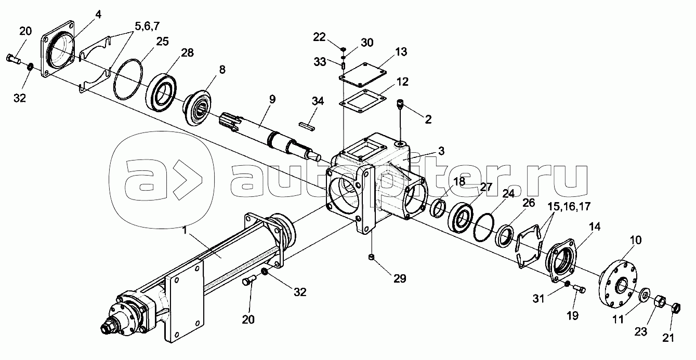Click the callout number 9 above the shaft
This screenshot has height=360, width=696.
(x=272, y=99)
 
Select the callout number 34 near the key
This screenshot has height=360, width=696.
(x=318, y=101)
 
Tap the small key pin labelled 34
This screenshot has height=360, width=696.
(x=307, y=126)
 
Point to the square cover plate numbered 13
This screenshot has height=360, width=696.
(x=363, y=75)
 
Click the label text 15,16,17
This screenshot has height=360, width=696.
(x=569, y=206)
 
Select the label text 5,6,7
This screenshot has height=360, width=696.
(x=147, y=26)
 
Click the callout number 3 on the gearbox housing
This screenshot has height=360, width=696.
(x=441, y=151)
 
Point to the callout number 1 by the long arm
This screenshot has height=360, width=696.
(x=185, y=231)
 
